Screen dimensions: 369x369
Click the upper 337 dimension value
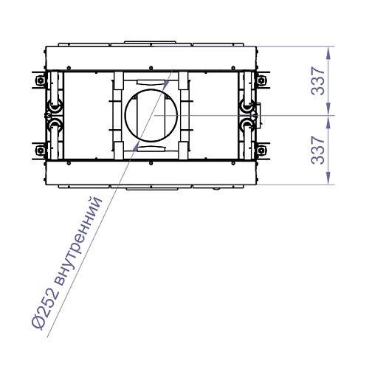point(318,81)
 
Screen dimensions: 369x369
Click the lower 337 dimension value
point(318,151)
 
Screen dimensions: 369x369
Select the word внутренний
point(77,241)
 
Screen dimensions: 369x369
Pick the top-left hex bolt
point(40,80)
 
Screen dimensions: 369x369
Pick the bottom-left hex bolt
point(40,150)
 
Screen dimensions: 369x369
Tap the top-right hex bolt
point(261,80)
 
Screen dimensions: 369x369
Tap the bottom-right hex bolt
point(261,150)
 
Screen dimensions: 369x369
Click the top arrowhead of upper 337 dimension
point(328,53)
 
